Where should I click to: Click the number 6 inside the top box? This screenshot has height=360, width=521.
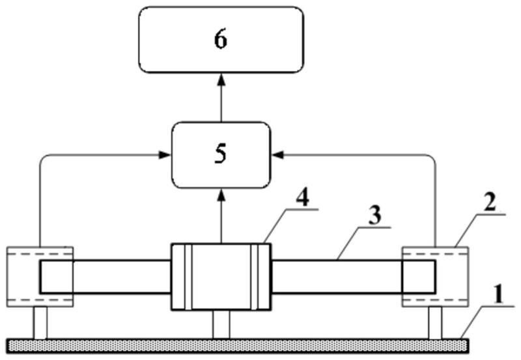click(x=221, y=40)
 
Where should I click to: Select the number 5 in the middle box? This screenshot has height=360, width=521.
click(x=221, y=154)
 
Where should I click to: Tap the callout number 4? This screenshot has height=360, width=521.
click(x=303, y=199)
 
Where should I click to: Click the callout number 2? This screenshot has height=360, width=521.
click(x=490, y=202)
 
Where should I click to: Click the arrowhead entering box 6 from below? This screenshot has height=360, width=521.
click(x=221, y=80)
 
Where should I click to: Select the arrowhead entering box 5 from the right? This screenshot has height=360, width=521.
click(x=278, y=155)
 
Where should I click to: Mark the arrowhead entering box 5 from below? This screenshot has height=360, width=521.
click(x=221, y=195)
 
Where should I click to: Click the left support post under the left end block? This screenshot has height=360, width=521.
click(x=40, y=323)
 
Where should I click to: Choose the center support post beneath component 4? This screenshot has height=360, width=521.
click(x=221, y=325)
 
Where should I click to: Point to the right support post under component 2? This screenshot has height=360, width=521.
click(x=435, y=323)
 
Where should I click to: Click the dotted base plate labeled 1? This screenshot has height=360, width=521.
click(x=238, y=346)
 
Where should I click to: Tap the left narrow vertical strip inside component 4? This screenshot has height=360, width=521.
click(x=188, y=277)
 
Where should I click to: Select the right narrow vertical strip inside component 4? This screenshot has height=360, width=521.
click(x=255, y=277)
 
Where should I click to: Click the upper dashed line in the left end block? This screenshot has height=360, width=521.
click(x=40, y=254)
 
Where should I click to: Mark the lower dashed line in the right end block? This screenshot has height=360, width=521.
click(x=435, y=299)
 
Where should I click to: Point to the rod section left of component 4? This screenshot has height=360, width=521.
click(x=106, y=277)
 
